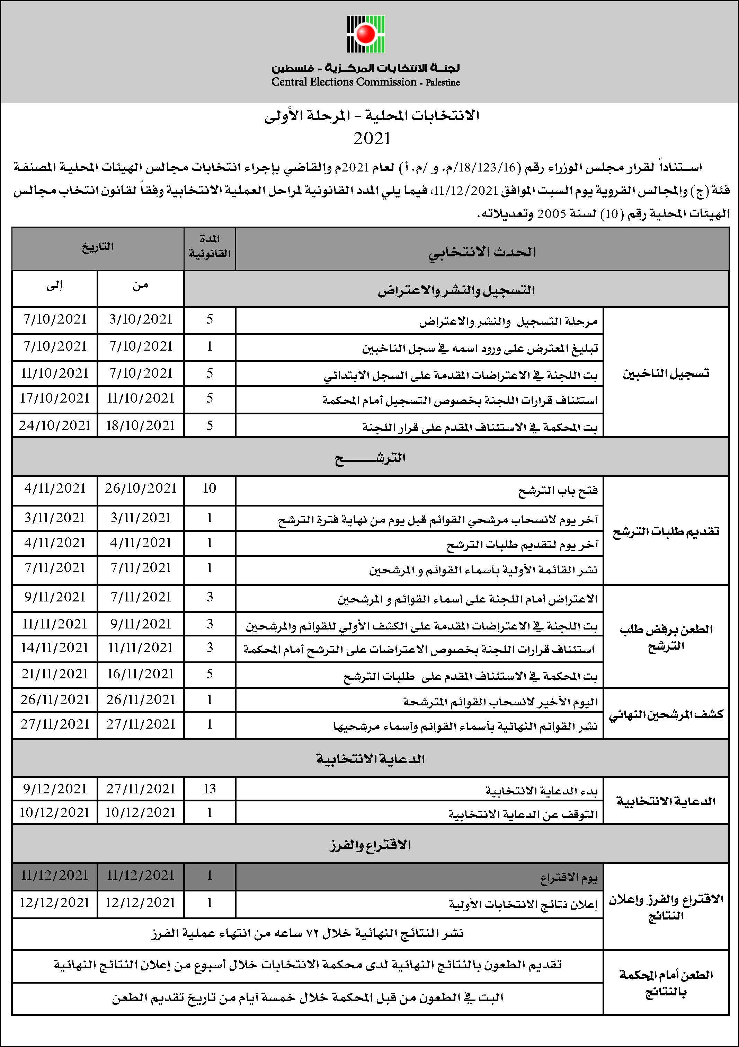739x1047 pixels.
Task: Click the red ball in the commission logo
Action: click(x=365, y=33)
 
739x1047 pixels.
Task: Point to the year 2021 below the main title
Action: click(x=372, y=139)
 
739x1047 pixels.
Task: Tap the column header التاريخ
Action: click(x=98, y=247)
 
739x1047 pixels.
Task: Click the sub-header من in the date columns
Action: click(x=140, y=286)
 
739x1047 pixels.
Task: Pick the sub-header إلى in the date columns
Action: click(x=54, y=286)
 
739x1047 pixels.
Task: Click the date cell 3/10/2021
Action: click(x=140, y=319)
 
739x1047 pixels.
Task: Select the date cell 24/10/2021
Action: click(x=55, y=425)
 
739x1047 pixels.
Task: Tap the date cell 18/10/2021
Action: click(x=140, y=425)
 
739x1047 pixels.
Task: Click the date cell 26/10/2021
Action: click(x=140, y=489)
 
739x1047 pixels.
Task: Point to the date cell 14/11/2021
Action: click(x=55, y=648)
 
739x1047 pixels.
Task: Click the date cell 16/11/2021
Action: click(x=140, y=674)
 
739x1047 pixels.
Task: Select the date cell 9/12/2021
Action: click(x=55, y=789)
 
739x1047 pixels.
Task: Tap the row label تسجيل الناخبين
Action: click(x=666, y=373)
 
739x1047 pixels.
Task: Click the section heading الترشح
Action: click(x=370, y=458)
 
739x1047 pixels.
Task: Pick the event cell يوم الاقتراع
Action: click(x=569, y=877)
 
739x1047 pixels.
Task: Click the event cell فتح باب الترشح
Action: click(x=558, y=490)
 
